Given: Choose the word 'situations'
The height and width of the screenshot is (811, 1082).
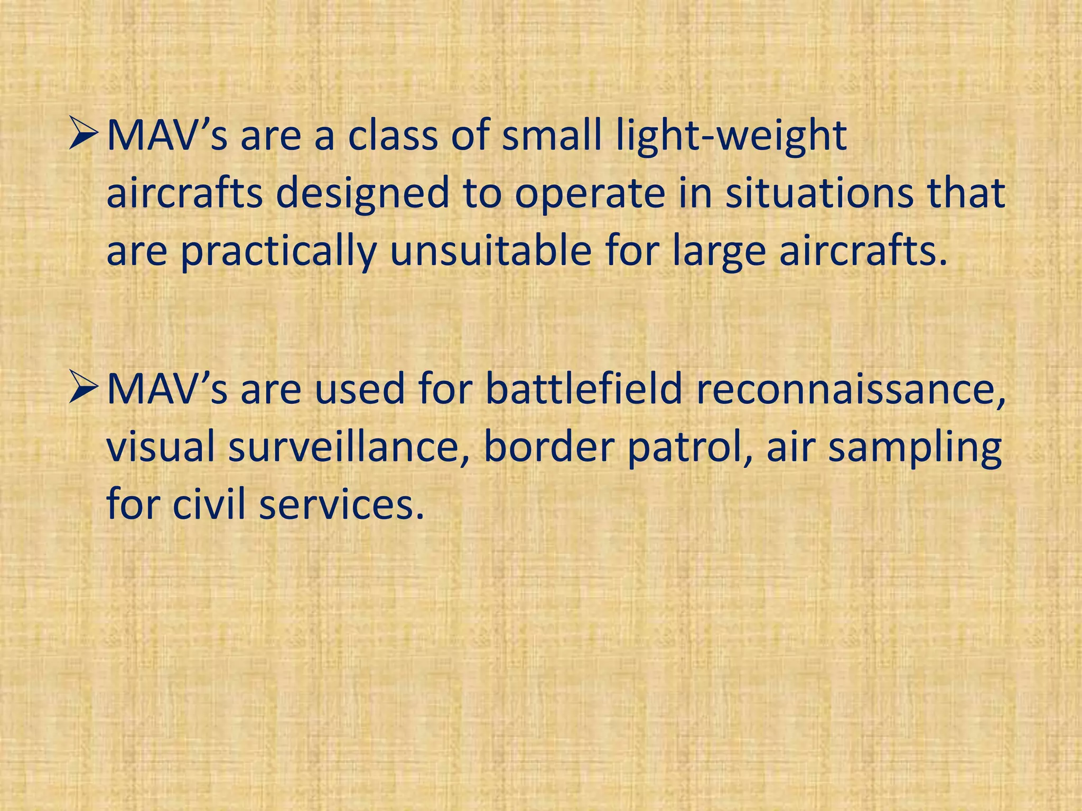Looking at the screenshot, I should (819, 193).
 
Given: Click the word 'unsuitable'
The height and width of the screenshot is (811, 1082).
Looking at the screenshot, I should (491, 251).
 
